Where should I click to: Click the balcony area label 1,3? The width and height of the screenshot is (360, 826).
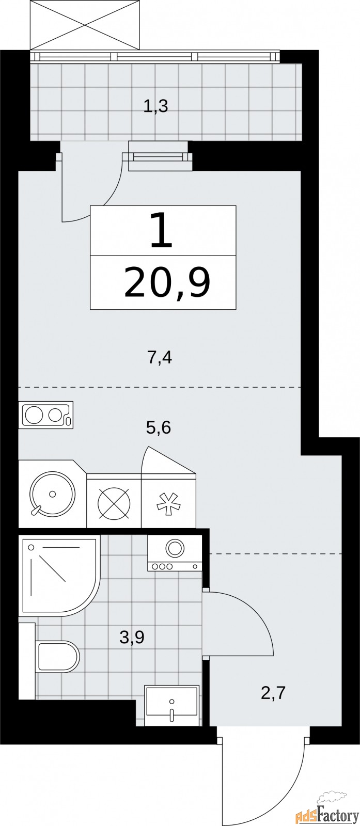pos(155,107)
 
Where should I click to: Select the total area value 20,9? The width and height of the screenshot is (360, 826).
pos(166,283)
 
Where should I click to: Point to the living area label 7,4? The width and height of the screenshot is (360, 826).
pos(160,357)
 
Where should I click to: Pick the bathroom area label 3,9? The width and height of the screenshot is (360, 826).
pos(131,638)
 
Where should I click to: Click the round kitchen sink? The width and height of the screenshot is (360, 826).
pos(52,494)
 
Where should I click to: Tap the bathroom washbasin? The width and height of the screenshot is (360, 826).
pos(171,705)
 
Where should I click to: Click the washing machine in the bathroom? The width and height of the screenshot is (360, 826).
pos(175,553)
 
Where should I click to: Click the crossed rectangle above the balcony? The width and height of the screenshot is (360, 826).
pos(85,24)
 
